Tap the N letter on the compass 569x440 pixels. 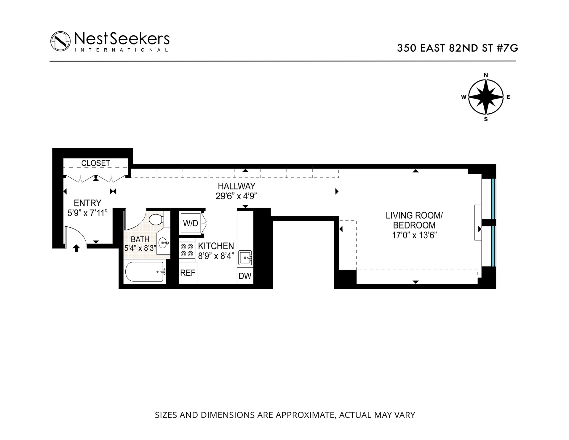tap(486, 75)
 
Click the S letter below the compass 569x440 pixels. tap(486, 119)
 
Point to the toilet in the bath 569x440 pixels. tap(155, 220)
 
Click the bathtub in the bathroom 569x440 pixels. tap(145, 272)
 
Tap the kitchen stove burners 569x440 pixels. tap(186, 250)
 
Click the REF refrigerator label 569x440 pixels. tap(188, 273)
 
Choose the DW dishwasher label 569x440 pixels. tap(245, 276)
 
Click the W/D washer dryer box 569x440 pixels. tap(190, 223)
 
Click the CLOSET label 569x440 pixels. tap(96, 163)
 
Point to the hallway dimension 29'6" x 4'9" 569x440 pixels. tap(236, 196)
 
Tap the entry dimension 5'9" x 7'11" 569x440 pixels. tap(87, 213)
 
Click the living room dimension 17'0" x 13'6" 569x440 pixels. tap(414, 235)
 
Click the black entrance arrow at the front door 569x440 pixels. tap(76, 248)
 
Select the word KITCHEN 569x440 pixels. tap(216, 246)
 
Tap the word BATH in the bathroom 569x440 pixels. tap(140, 239)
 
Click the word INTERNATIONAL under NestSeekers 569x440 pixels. tap(122, 50)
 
